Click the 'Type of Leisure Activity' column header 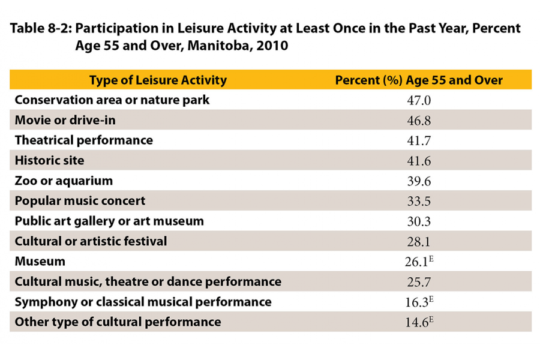158,80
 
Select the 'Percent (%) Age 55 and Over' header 418,80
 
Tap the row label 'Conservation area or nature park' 112,100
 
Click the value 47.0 419,101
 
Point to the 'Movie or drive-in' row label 65,120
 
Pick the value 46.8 419,121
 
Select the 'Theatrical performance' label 83,140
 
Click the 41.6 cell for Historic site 419,161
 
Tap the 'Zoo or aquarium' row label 64,181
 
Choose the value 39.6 419,181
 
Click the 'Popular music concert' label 80,201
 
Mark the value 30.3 419,221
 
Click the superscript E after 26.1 430,259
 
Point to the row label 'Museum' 40,262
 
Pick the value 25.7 419,282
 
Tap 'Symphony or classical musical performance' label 143,302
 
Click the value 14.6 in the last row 416,322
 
